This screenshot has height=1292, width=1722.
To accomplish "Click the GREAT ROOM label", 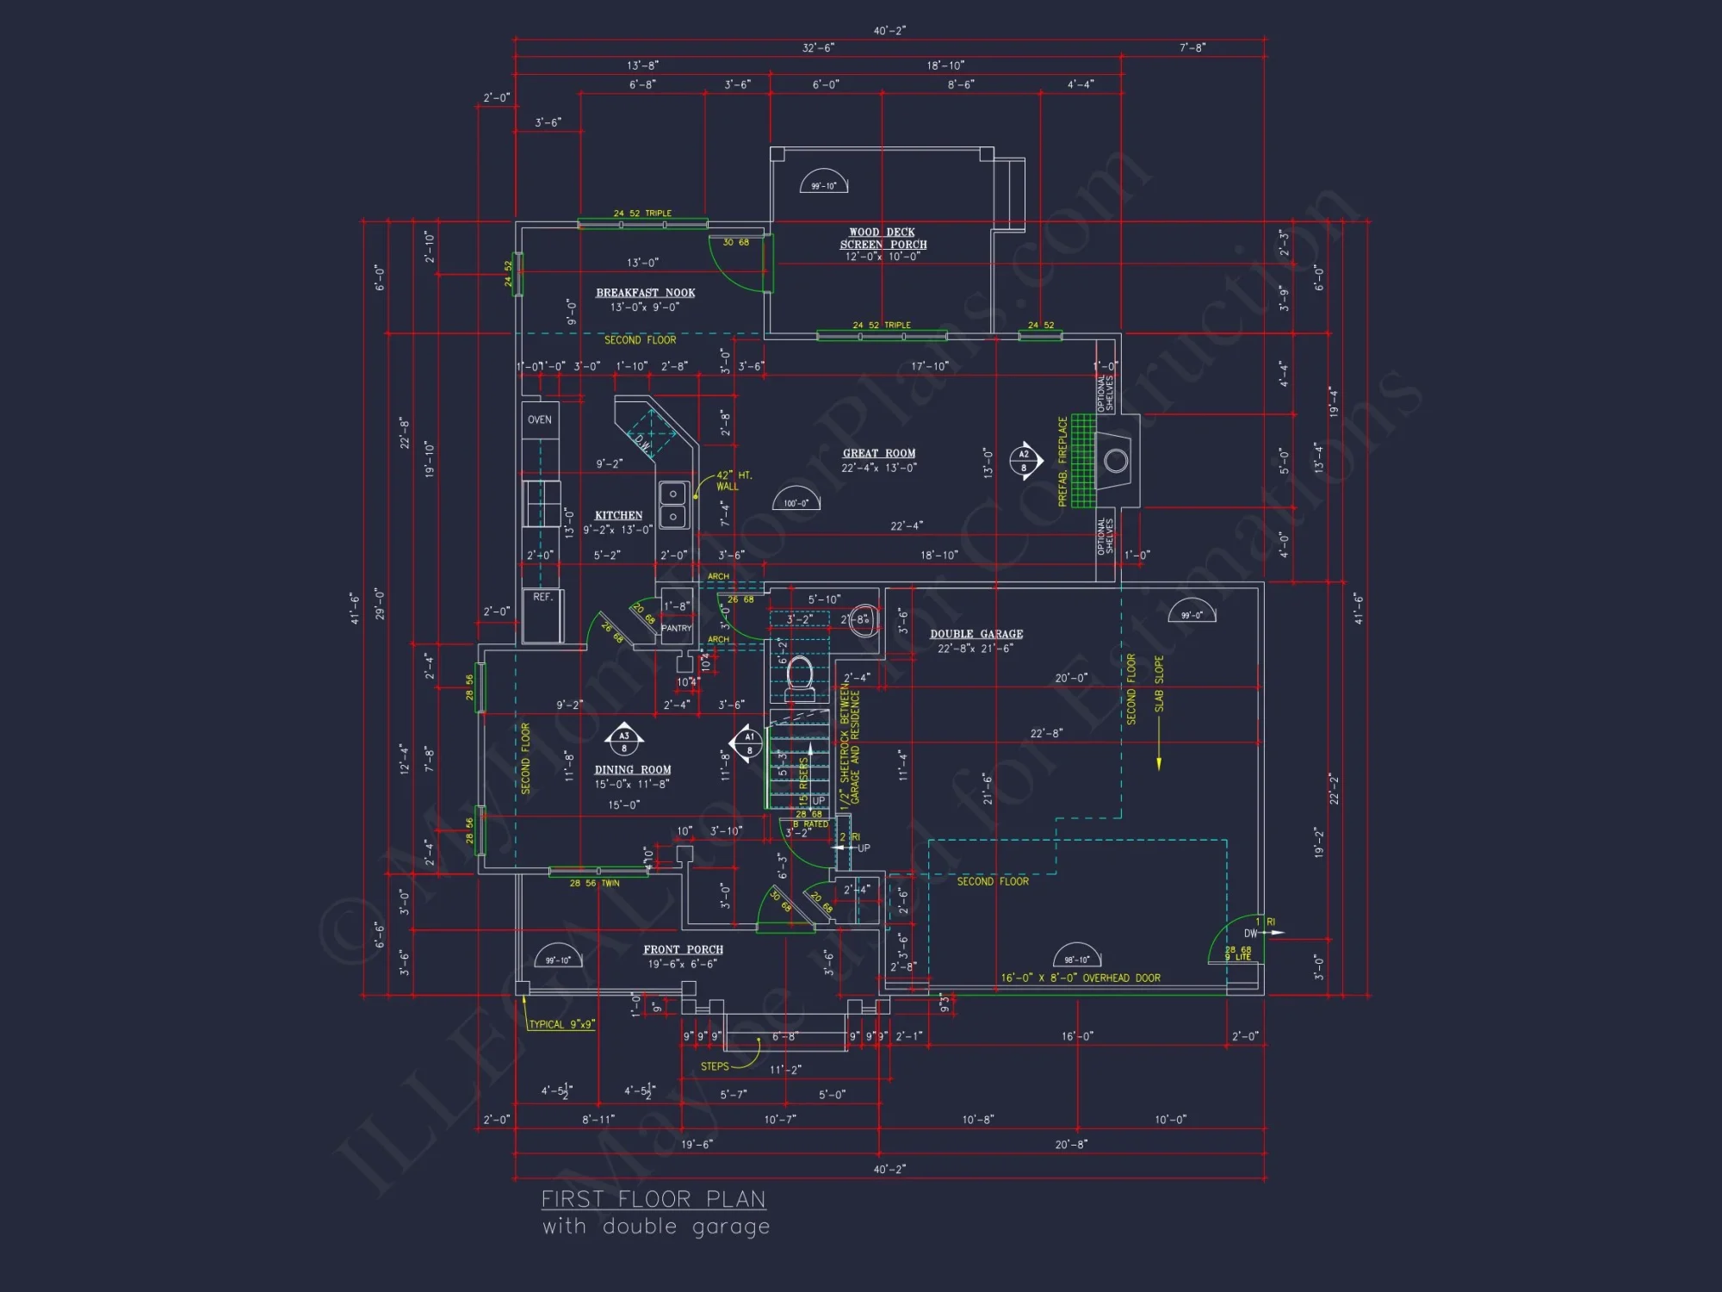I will pyautogui.click(x=878, y=453).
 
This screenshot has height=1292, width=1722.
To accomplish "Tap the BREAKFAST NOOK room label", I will pyautogui.click(x=645, y=293).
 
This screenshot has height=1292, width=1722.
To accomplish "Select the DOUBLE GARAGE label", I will pyautogui.click(x=976, y=634).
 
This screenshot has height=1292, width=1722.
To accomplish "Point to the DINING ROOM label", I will pyautogui.click(x=633, y=770).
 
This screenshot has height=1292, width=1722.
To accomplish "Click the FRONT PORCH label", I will pyautogui.click(x=683, y=949).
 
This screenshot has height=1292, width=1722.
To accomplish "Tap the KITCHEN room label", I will pyautogui.click(x=618, y=515).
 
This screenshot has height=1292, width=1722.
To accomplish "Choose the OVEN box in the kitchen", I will pyautogui.click(x=540, y=420).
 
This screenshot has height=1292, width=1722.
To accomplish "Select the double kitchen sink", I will pyautogui.click(x=672, y=505).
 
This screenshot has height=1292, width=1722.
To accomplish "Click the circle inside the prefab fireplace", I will pyautogui.click(x=1116, y=461).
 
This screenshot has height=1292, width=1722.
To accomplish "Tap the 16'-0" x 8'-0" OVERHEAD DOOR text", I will pyautogui.click(x=1080, y=978).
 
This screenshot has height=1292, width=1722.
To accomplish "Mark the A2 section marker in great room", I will pyautogui.click(x=1024, y=461).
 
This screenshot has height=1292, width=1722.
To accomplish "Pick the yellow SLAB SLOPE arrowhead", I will pyautogui.click(x=1159, y=764).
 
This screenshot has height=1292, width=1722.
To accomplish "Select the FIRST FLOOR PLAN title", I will pyautogui.click(x=653, y=1199).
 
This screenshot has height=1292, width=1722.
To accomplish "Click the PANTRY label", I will pyautogui.click(x=676, y=628).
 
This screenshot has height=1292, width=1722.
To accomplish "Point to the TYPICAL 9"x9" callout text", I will pyautogui.click(x=561, y=1024).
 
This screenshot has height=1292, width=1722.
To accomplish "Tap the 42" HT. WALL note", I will pyautogui.click(x=733, y=481).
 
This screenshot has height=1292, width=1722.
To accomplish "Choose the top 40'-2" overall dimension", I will pyautogui.click(x=889, y=31).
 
